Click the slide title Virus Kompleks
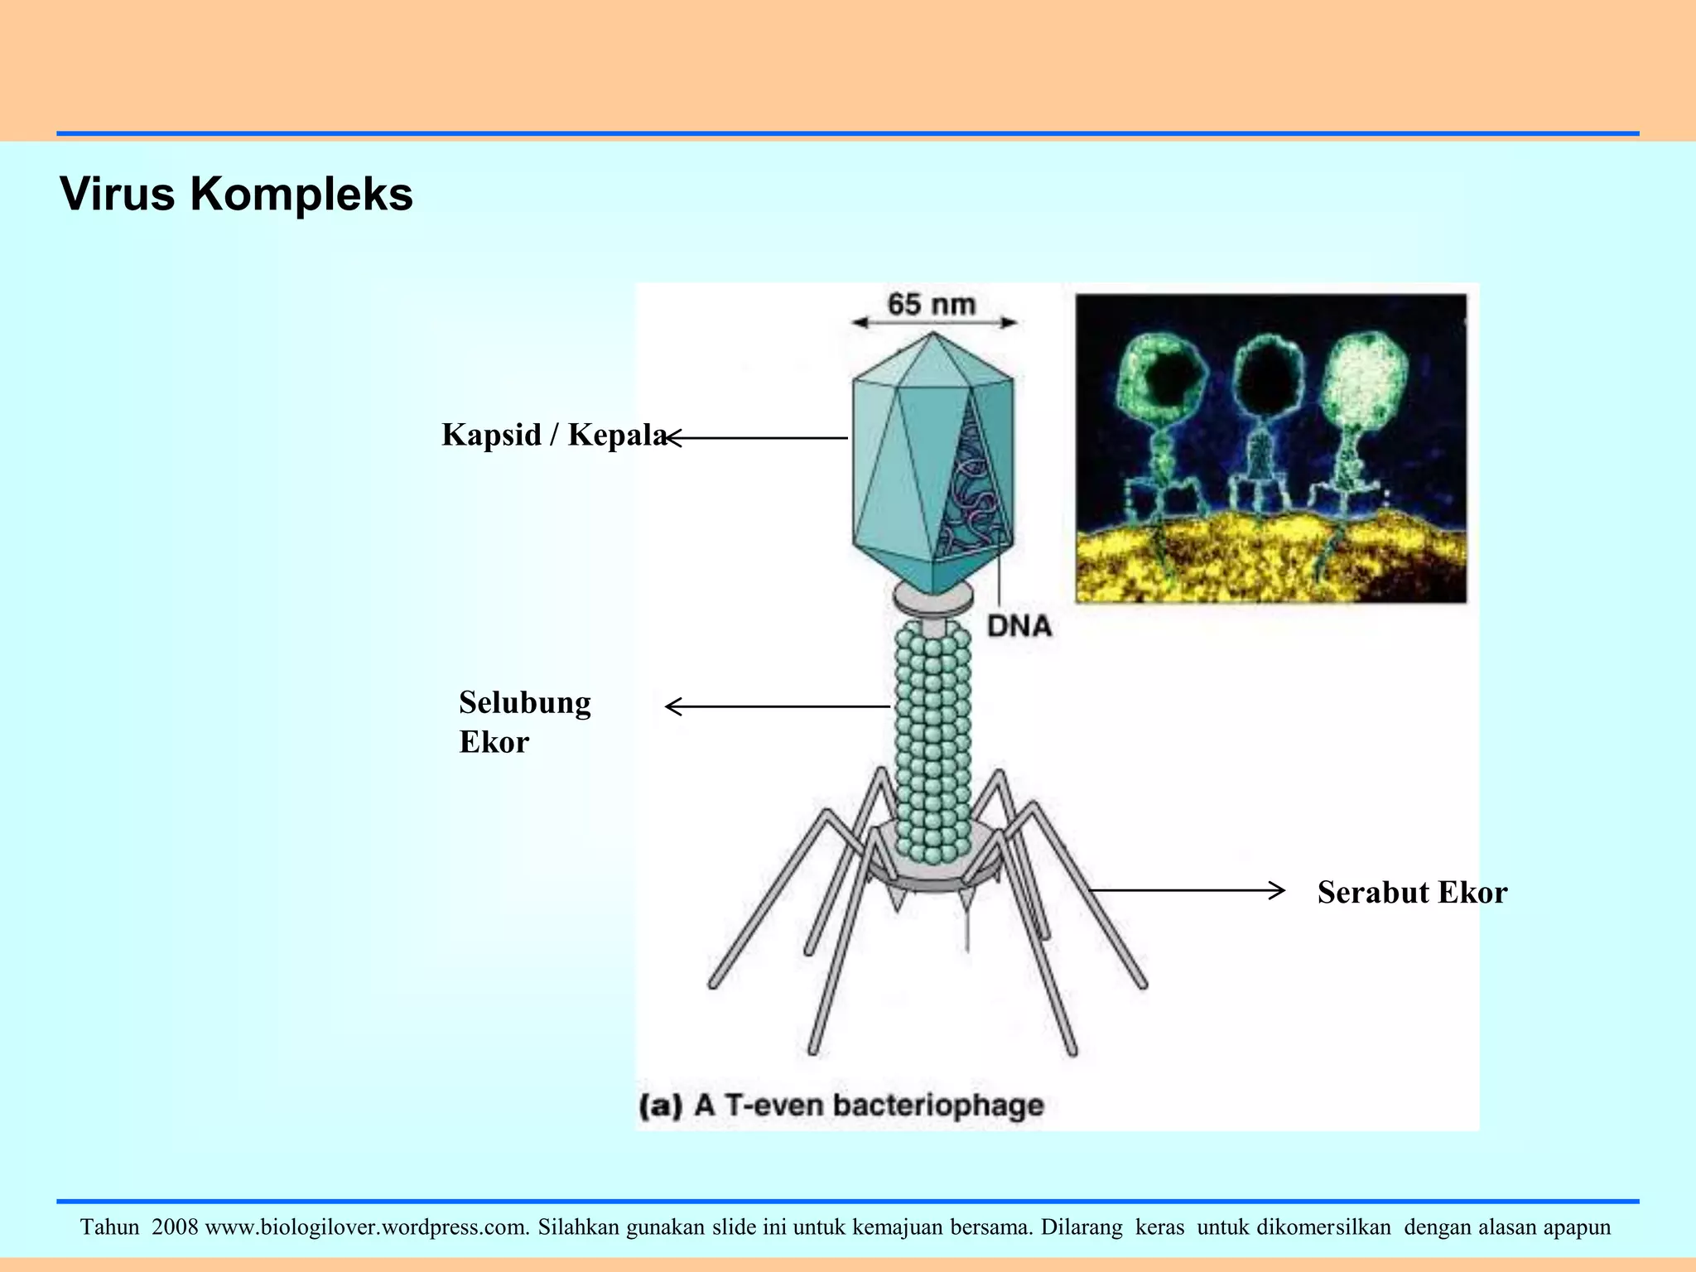[236, 195]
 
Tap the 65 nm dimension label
[932, 304]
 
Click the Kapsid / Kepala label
[554, 435]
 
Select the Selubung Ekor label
[524, 721]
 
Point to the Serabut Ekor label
[1412, 892]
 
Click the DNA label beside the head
[1019, 626]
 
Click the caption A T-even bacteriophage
[841, 1106]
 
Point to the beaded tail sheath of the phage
[933, 737]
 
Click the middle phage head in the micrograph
[1267, 373]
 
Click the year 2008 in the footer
[175, 1226]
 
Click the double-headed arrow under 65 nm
[933, 323]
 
